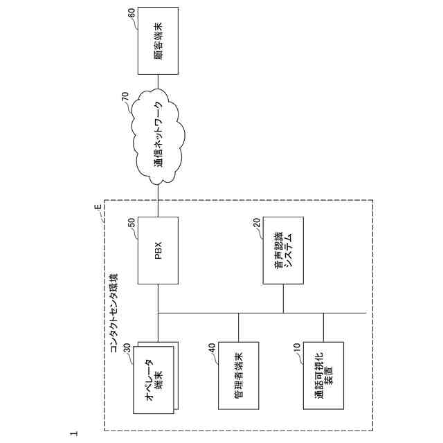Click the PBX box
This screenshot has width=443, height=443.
(x=158, y=250)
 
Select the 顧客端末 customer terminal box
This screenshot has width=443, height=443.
(x=158, y=42)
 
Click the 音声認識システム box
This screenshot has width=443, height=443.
(x=283, y=250)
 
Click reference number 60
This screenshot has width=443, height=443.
(x=132, y=14)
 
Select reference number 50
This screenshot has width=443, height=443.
(x=132, y=223)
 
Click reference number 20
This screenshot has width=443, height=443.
(x=257, y=223)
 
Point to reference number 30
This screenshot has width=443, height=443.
(x=127, y=349)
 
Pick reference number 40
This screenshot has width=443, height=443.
(x=212, y=349)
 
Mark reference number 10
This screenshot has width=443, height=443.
(x=297, y=349)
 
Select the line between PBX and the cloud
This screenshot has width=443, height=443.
(x=159, y=201)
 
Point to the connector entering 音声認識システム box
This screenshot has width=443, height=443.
(x=283, y=298)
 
